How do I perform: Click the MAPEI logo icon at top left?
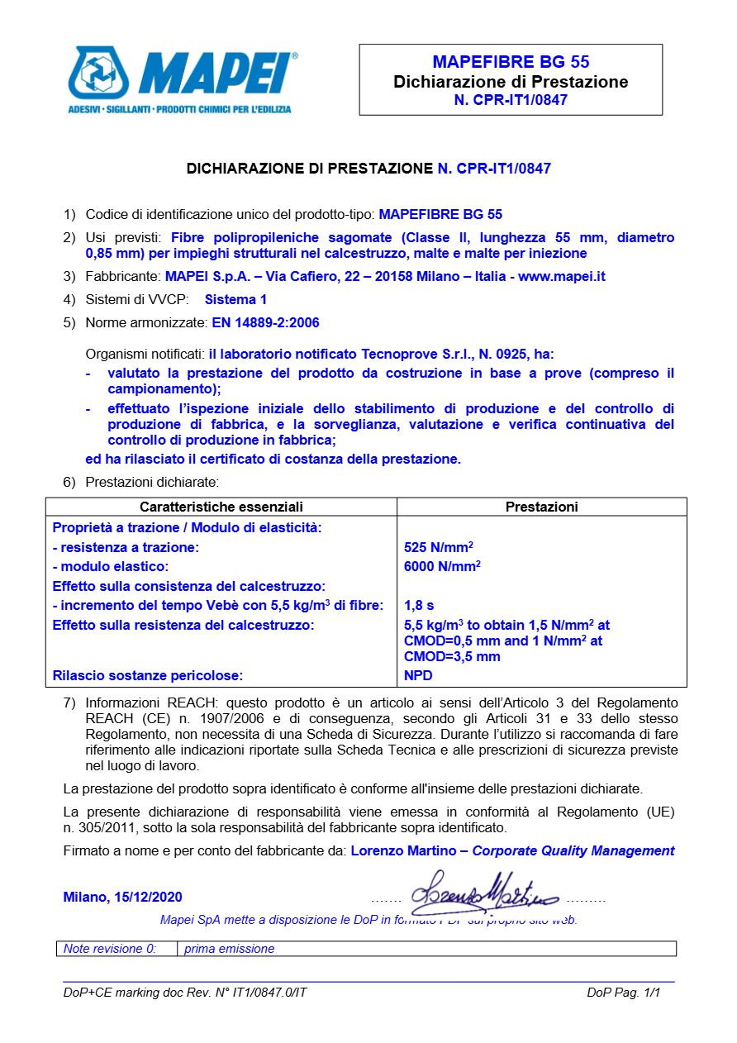[x=99, y=74]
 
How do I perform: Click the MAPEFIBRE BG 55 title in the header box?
[x=511, y=62]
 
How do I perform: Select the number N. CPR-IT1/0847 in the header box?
[x=511, y=100]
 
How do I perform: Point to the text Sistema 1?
[x=235, y=300]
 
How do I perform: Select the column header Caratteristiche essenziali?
[x=221, y=507]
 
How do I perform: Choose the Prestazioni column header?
[x=541, y=507]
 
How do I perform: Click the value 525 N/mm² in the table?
[x=438, y=547]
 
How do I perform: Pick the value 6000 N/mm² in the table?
[x=442, y=566]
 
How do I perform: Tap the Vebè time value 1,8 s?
[x=419, y=606]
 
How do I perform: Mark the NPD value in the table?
[x=418, y=676]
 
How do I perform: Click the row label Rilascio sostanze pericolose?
[x=147, y=676]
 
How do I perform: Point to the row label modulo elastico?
[x=110, y=567]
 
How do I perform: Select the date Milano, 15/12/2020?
[x=122, y=898]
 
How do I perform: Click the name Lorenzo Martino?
[x=403, y=851]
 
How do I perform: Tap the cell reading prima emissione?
[x=229, y=949]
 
